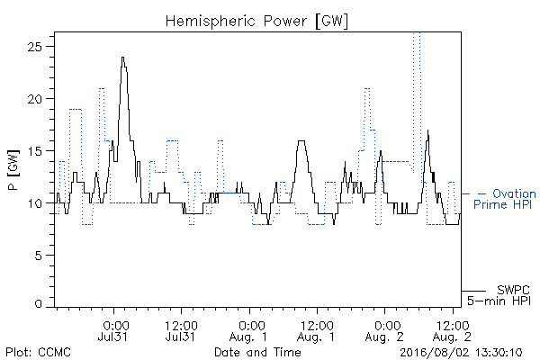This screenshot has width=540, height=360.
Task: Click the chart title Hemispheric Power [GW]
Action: point(256,21)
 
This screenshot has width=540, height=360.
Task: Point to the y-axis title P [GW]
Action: point(13,170)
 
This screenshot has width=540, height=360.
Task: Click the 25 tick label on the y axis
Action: point(34,46)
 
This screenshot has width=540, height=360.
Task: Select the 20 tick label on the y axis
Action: point(34,98)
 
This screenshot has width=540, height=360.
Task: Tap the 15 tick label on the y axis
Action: point(35,151)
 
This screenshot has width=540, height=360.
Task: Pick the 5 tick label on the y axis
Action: point(38,256)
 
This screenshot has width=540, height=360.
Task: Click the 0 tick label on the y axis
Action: point(38,304)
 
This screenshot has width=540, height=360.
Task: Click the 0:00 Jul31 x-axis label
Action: point(113,331)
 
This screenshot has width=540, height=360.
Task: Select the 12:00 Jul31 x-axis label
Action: point(181,331)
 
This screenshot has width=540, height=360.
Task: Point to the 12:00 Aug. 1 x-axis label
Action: point(317,331)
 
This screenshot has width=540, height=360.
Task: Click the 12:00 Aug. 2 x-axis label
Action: point(452,331)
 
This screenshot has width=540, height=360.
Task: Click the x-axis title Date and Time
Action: point(257,353)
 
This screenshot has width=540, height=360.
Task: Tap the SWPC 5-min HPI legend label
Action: point(499,295)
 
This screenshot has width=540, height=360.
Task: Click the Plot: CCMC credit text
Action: point(38,353)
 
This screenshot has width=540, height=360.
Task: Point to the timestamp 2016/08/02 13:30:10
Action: point(461,353)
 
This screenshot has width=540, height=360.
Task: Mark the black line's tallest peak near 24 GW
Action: point(123,58)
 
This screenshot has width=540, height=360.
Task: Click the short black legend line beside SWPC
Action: point(473,291)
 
